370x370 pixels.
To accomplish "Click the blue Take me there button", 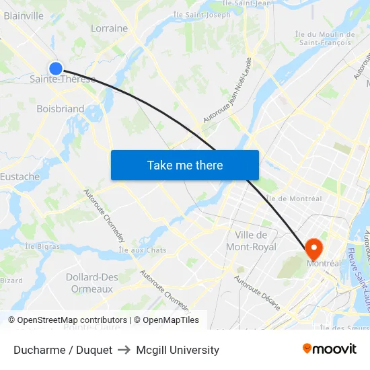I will (x=185, y=165).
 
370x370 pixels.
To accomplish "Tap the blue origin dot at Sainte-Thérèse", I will (x=56, y=68).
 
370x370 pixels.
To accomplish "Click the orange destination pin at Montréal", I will (x=313, y=250).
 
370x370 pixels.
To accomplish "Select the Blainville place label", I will (x=24, y=16).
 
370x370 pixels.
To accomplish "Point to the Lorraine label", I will (x=109, y=28).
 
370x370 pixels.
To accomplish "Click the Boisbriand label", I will (x=61, y=108).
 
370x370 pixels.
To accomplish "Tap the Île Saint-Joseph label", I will (x=202, y=14).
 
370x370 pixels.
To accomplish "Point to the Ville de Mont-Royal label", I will (x=251, y=241).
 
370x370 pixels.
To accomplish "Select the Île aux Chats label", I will (x=142, y=250).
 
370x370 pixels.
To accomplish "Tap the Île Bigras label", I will (x=42, y=246).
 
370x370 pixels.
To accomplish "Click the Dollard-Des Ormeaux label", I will (x=92, y=283).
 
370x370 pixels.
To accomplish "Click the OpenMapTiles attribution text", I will (x=168, y=320).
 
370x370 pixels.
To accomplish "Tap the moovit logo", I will (x=330, y=349).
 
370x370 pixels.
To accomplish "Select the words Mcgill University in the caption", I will (x=178, y=350).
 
